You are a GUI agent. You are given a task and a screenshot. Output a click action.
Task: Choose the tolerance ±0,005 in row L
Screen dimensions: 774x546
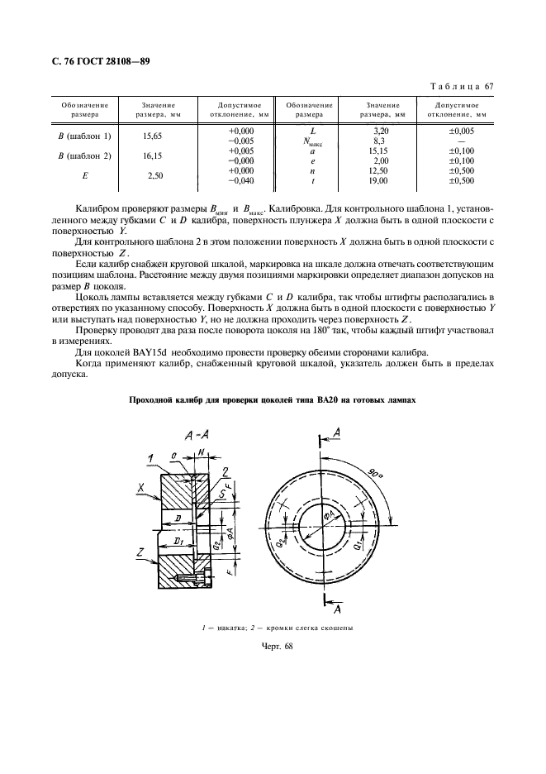[x=460, y=131]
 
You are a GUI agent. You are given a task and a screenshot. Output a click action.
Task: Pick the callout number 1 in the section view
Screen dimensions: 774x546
[x=152, y=457]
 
